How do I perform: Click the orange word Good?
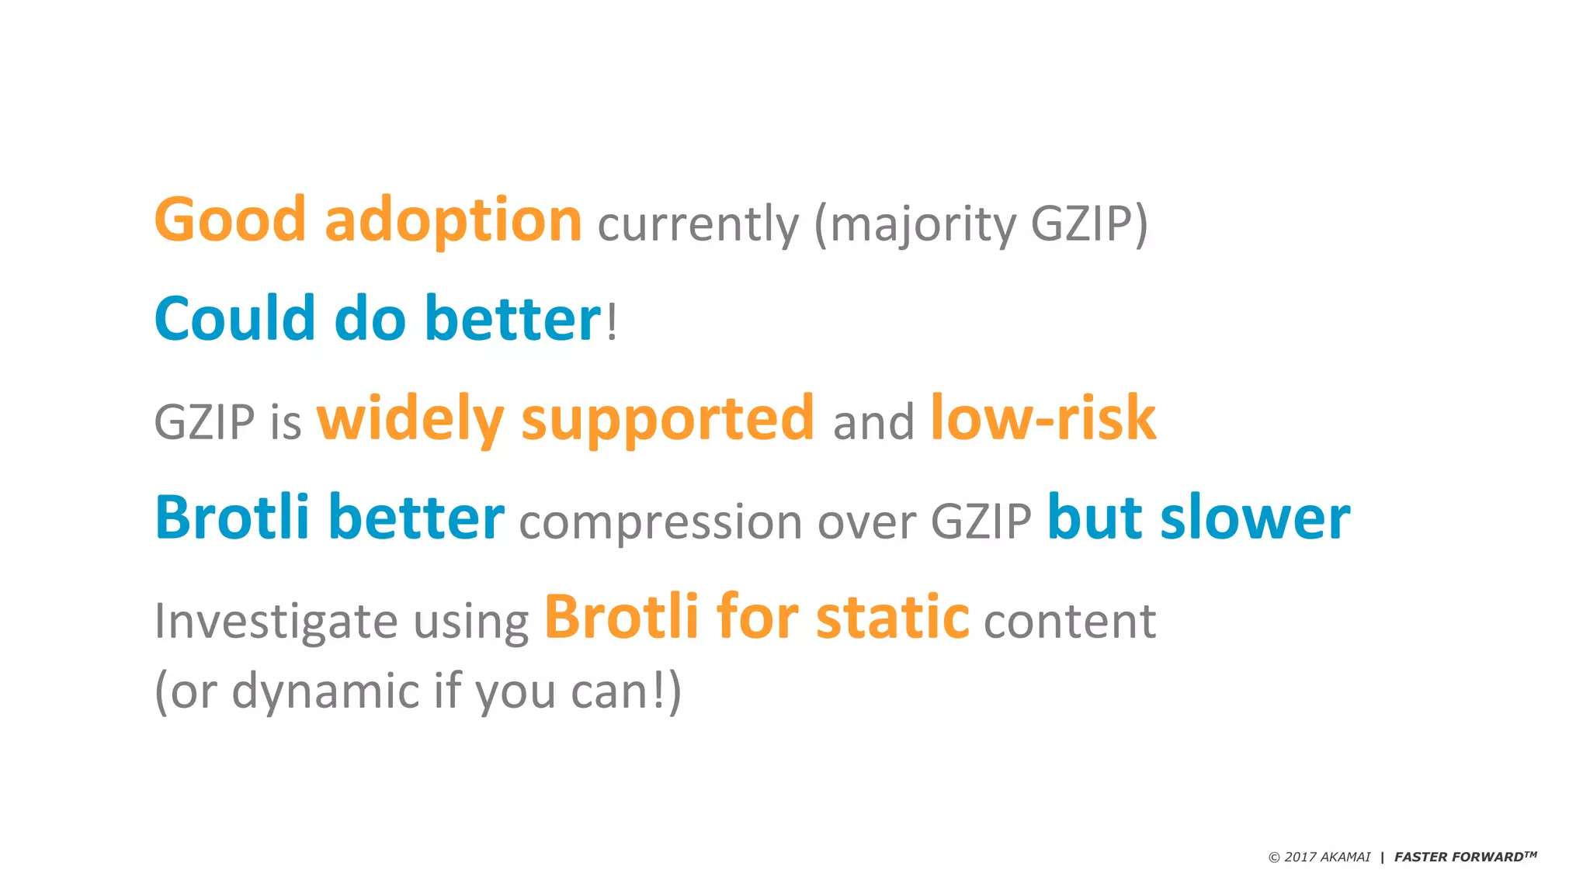coord(231,220)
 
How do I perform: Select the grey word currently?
coord(698,225)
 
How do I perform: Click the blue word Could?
coord(235,319)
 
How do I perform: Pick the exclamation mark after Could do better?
coord(612,323)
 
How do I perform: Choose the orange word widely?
coord(410,420)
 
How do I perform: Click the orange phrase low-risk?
coord(1043,418)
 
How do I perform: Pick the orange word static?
coord(893,618)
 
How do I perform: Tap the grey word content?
coord(1070,622)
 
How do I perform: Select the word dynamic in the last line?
coord(326,691)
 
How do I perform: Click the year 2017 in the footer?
coord(1300,858)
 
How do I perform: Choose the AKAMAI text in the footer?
coord(1345,858)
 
